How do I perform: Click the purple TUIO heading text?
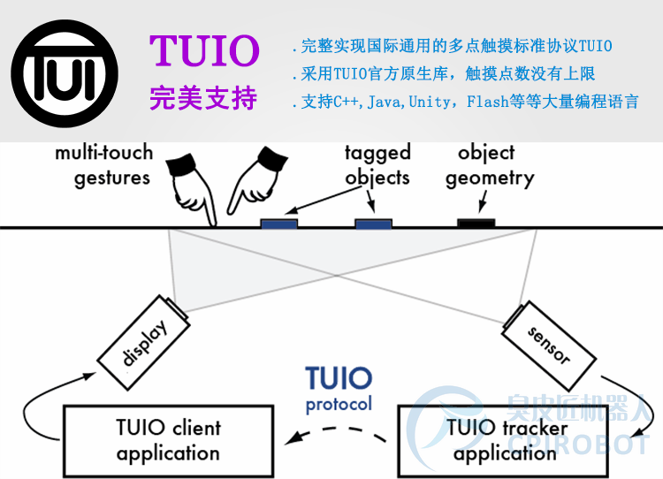[x=204, y=51]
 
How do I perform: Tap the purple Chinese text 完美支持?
[x=203, y=97]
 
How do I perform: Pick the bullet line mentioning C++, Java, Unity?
[x=464, y=102]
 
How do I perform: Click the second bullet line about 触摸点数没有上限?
[x=443, y=74]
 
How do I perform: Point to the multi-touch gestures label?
[x=103, y=164]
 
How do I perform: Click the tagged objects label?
[x=377, y=164]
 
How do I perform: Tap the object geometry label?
[x=489, y=165]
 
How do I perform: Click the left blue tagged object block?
[x=279, y=223]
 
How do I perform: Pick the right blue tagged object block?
[x=374, y=223]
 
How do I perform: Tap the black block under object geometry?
[x=476, y=222]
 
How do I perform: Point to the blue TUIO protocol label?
[x=339, y=388]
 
